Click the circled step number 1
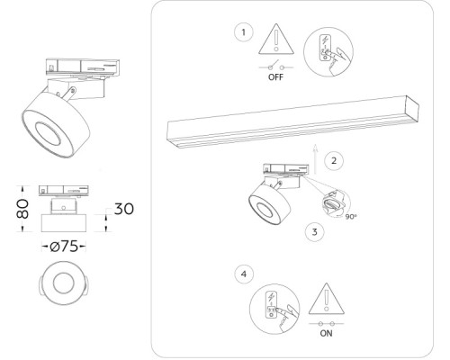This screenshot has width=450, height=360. pos(242,33)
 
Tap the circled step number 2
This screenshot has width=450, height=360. pos(333,161)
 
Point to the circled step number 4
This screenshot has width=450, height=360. pos(242,272)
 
